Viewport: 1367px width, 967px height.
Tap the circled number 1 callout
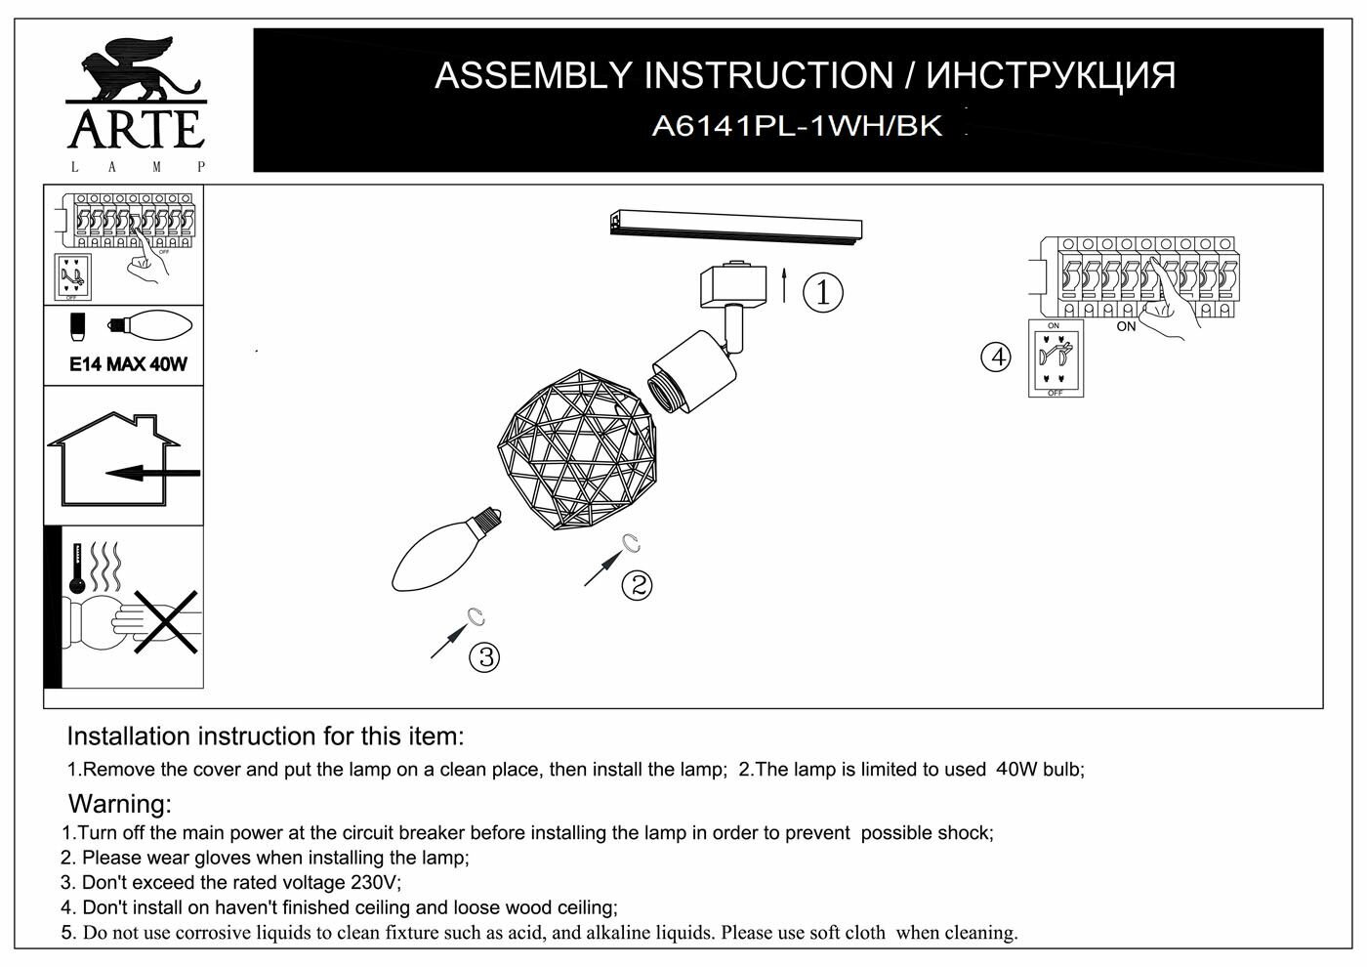pyautogui.click(x=822, y=292)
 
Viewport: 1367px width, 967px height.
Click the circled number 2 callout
pyautogui.click(x=637, y=585)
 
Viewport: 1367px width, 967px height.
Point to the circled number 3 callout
pyautogui.click(x=484, y=656)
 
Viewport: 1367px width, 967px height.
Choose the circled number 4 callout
pyautogui.click(x=996, y=357)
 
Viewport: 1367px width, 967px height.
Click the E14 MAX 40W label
pyautogui.click(x=128, y=364)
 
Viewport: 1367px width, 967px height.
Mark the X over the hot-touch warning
pyautogui.click(x=166, y=622)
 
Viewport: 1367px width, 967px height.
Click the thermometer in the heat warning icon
pyautogui.click(x=76, y=571)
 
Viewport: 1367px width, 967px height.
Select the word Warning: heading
pyautogui.click(x=119, y=805)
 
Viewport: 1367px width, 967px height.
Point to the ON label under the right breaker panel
pyautogui.click(x=1127, y=326)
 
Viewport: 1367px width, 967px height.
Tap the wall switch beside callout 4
pyautogui.click(x=1055, y=358)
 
